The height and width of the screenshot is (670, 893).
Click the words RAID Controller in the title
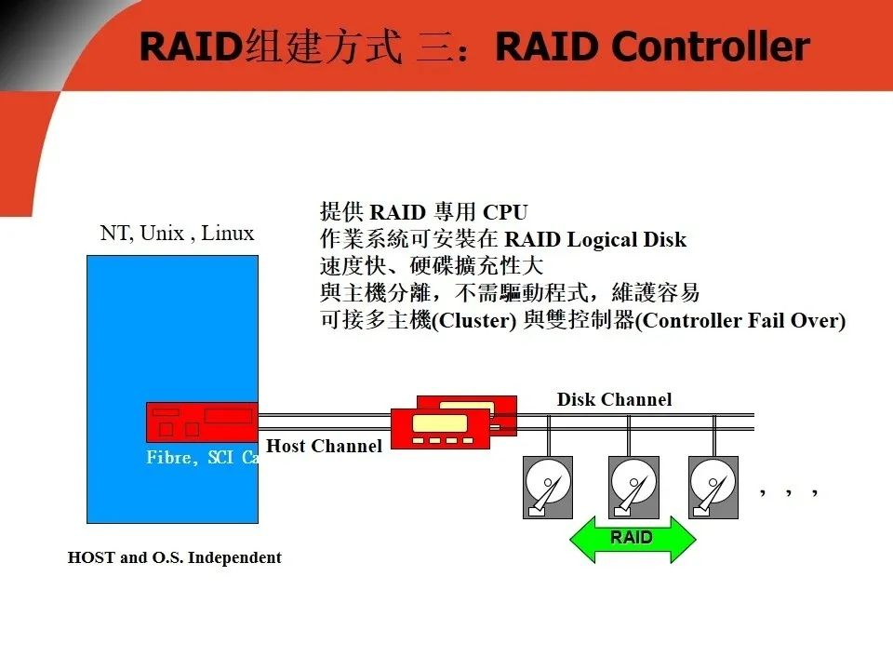coord(651,47)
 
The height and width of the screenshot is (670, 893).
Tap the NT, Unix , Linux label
coord(177,233)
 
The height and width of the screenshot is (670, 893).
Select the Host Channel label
coord(324,446)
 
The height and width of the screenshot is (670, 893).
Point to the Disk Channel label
coord(614,399)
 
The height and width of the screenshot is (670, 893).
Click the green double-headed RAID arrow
coord(632,539)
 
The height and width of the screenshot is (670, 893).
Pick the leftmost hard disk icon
coord(549,487)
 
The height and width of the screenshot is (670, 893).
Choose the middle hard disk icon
coord(633,487)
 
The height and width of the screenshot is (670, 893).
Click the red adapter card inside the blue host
coord(201,422)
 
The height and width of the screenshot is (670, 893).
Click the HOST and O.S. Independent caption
coord(175,558)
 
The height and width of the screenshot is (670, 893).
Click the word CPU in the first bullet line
coord(505,213)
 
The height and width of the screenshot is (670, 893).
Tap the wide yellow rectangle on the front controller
coord(439,422)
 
